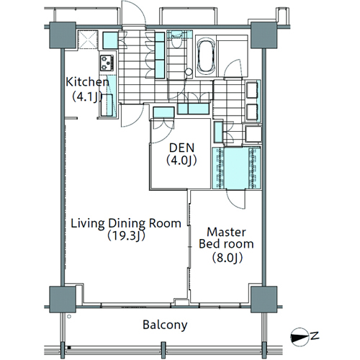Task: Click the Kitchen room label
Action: point(88,82)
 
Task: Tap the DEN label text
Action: point(181,148)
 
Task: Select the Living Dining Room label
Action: point(126,224)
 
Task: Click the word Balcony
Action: point(165,325)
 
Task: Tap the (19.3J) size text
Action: point(126,236)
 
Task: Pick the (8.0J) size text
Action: point(227,258)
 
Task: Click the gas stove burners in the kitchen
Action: point(107,63)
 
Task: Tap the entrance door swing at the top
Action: point(133,13)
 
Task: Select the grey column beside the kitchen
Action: point(63,35)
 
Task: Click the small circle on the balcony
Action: point(69,317)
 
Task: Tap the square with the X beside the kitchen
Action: point(89,40)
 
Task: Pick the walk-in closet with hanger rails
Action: point(237,168)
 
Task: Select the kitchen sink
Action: point(107,105)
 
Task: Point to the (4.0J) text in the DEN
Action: point(181,161)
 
